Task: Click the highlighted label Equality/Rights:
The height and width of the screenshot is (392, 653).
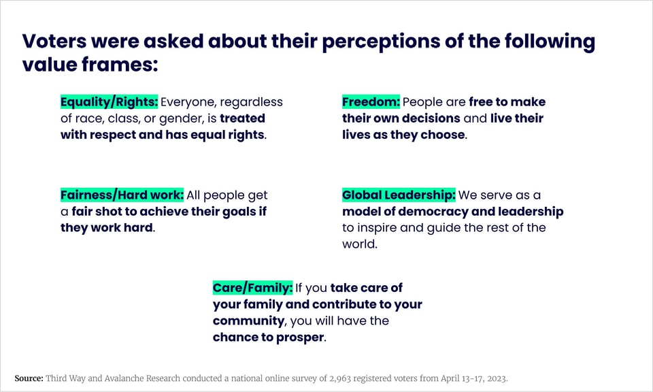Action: [x=109, y=102]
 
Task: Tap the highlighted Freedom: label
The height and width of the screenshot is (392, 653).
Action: [x=371, y=102]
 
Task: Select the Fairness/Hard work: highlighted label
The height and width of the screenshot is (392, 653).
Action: [x=122, y=195]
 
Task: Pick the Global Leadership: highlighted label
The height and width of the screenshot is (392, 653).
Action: [x=399, y=195]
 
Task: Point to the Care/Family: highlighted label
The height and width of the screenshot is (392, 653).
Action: [x=252, y=288]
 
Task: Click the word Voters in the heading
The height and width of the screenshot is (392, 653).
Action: [x=54, y=42]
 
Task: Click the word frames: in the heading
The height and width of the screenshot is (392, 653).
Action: [x=120, y=65]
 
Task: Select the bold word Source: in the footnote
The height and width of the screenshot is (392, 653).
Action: [x=29, y=378]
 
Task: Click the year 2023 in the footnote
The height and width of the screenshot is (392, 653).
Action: [x=496, y=378]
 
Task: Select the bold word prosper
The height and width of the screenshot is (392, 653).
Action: [x=300, y=338]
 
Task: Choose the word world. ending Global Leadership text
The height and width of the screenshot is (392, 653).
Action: [x=360, y=244]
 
